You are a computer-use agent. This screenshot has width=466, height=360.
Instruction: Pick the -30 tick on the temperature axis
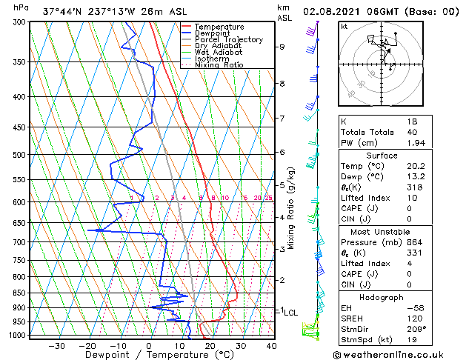56,346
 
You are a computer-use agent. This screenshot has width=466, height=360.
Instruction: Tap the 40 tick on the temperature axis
271,346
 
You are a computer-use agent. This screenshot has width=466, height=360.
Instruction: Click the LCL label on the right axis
290,313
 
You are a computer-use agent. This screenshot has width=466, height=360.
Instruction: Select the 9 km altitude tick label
282,47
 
